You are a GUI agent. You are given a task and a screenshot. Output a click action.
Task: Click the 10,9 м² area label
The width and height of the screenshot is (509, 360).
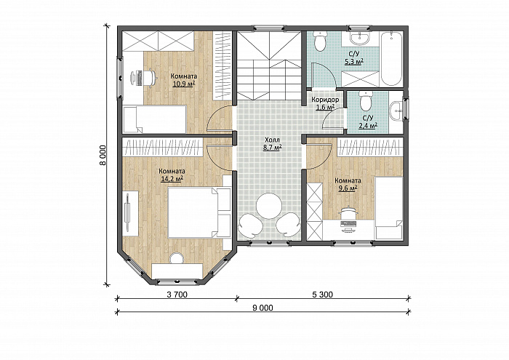pos(184,84)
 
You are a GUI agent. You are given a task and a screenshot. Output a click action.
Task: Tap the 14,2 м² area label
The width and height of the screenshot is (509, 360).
pos(172,178)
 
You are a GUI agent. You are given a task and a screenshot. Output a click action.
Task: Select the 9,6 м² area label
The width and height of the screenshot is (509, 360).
pos(348,188)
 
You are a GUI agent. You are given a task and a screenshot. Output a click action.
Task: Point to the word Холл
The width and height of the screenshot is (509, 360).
pos(272,140)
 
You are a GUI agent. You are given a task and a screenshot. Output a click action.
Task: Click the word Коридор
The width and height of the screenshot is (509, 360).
pos(325,100)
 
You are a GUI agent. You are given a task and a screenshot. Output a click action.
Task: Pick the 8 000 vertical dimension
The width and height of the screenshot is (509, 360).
pos(103,155)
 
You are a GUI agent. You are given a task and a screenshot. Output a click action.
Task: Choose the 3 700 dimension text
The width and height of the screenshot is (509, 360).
pos(177,295)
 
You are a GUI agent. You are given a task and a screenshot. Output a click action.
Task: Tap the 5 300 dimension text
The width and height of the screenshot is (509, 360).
pos(322,295)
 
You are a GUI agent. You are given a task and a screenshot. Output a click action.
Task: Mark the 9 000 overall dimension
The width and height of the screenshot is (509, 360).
pos(262,308)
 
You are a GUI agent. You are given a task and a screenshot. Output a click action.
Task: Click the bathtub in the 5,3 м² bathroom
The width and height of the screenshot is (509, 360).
pos(391,59)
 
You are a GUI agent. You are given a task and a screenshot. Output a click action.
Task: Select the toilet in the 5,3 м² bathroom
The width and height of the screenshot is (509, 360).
pos(321,41)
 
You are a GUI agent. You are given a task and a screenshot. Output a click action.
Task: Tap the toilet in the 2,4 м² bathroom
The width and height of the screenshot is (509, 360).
pos(366,100)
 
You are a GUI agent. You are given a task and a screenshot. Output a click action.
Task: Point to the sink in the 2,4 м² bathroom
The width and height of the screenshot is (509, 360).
pos(397,111)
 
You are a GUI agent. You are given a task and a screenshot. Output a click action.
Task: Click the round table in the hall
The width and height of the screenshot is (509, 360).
pos(269,206)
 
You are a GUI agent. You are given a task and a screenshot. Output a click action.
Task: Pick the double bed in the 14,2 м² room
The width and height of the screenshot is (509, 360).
pos(199,212)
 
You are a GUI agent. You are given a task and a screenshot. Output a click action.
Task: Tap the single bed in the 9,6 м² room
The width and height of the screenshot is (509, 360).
pos(389,208)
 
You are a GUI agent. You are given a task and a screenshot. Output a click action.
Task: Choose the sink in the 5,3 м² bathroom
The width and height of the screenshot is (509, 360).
pos(359,38)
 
